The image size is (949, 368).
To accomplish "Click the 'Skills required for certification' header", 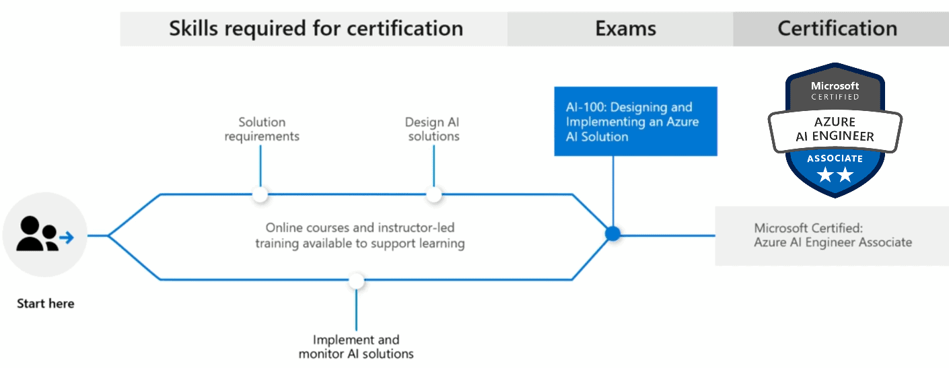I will click(315, 28).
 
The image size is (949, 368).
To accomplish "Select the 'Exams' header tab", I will click(625, 28).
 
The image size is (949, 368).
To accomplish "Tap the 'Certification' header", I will click(837, 28).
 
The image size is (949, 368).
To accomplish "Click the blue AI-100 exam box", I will click(635, 122).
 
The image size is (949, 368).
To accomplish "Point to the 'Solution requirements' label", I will click(262, 129).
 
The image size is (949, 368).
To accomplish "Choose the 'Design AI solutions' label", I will click(433, 129).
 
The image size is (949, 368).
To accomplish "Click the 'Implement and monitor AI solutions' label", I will click(356, 346).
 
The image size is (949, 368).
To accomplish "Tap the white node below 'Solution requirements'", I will click(260, 194).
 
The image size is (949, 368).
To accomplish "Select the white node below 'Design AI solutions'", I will click(434, 194).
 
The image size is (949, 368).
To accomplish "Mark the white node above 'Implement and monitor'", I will click(357, 281).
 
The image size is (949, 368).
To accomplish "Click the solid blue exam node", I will click(612, 234).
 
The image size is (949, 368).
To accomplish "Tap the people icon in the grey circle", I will click(36, 234).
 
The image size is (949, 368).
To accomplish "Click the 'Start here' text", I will click(45, 303).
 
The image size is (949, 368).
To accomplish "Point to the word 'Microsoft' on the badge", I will click(835, 85).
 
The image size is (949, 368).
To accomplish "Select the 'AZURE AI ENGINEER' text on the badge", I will click(835, 129).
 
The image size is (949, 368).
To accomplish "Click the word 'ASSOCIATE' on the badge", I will click(835, 159).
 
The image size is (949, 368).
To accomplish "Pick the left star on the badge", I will click(824, 175).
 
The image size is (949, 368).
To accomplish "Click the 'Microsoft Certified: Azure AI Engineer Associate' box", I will click(832, 235).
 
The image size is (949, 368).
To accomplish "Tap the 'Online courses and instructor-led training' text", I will click(359, 235).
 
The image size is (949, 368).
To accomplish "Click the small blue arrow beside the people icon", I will click(66, 237).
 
